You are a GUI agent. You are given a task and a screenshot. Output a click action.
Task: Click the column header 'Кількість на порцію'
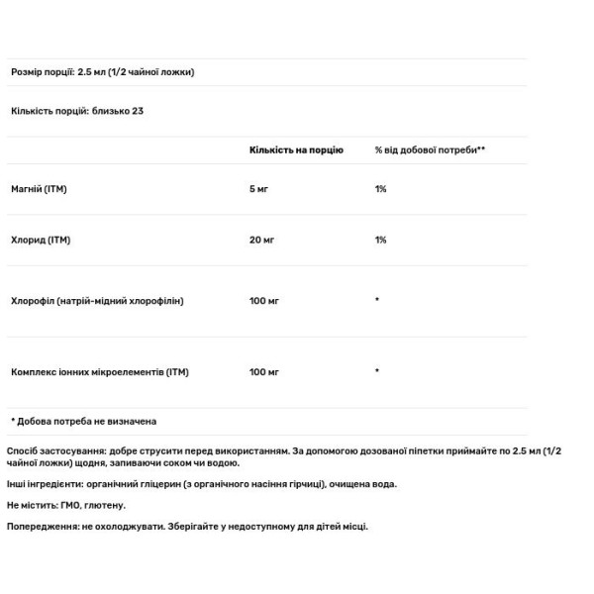coord(296,150)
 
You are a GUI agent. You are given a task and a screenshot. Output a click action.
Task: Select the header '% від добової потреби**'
coord(430,150)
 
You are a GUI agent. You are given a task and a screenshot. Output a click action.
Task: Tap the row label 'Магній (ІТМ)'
coord(39,188)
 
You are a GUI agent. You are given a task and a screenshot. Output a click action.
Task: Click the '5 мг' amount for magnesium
coord(259,188)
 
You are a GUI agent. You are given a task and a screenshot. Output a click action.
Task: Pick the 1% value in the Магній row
coord(381,188)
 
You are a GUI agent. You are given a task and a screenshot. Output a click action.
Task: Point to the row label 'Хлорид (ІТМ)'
coord(41,240)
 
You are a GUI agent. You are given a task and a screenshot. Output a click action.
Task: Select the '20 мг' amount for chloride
coord(262,240)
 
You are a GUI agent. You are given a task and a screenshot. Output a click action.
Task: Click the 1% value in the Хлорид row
coord(381,240)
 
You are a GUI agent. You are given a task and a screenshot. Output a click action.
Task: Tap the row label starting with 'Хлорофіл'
coord(97,300)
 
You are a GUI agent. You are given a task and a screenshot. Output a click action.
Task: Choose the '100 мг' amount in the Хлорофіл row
coord(264,300)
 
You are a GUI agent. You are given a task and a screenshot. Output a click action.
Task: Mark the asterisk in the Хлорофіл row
coord(377,300)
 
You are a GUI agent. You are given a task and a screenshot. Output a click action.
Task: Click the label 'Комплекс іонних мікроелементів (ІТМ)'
coord(99,372)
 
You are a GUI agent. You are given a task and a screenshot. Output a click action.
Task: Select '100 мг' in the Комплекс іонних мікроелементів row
coord(264,372)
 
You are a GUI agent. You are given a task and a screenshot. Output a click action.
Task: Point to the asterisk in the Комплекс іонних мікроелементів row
coord(377,372)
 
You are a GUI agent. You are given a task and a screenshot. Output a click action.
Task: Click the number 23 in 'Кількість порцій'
coord(139,111)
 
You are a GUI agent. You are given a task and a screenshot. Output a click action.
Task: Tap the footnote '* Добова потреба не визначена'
coord(83,421)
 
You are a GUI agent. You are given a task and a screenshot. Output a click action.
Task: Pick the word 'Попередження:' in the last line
coord(41,527)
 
